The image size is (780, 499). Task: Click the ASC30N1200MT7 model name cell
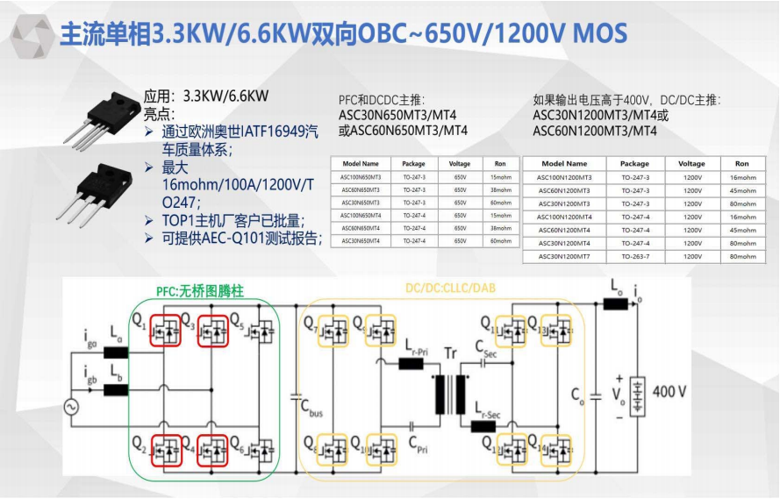point(564,256)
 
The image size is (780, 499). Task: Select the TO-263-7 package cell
point(634,256)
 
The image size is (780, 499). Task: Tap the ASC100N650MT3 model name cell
point(361,177)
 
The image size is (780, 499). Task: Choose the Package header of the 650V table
point(413,163)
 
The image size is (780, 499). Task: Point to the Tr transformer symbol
point(452,395)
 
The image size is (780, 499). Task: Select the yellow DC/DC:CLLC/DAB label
point(442,289)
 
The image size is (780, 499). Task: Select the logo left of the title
point(29,34)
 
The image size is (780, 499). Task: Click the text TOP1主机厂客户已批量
point(233,219)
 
